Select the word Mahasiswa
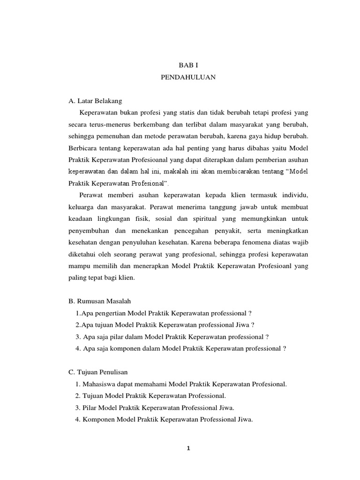(99, 384)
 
